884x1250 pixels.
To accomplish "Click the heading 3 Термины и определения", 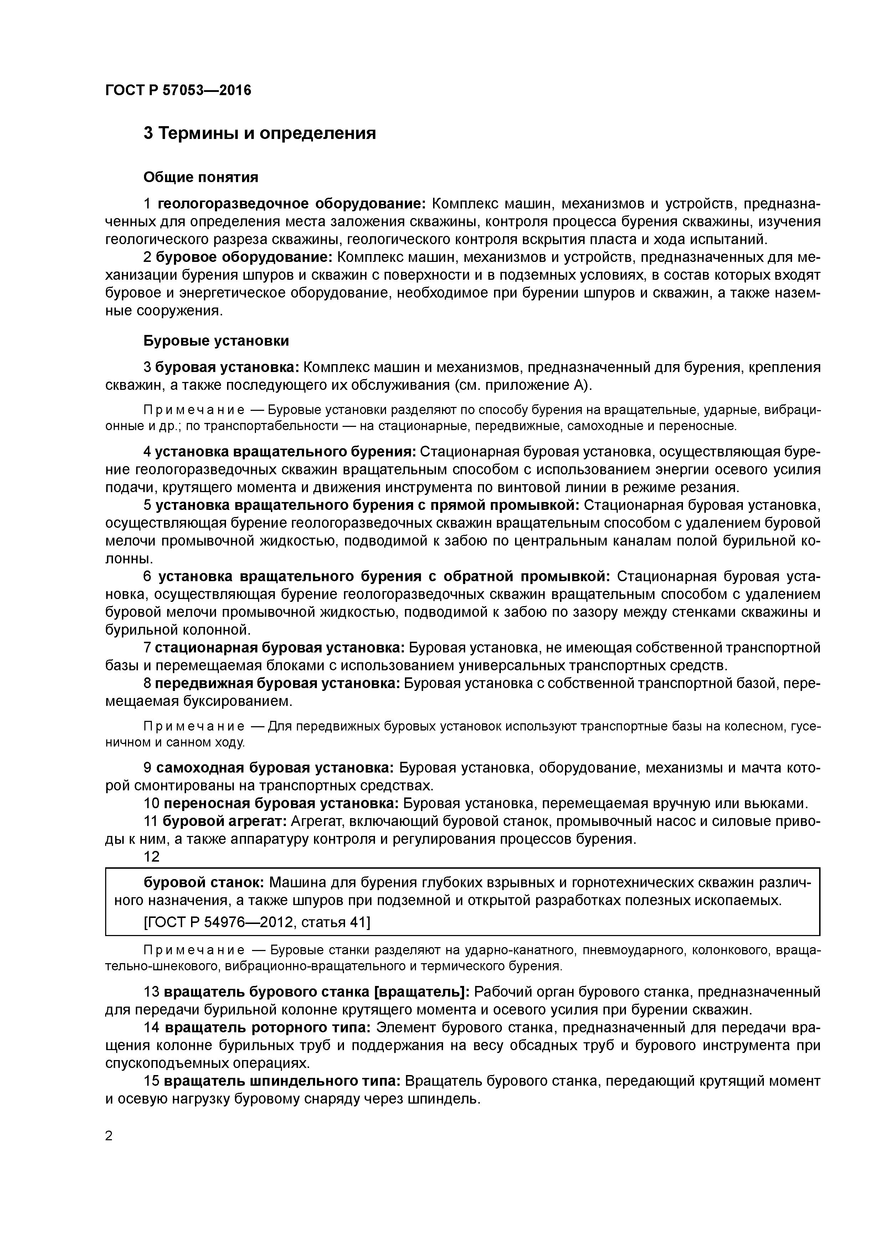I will click(x=259, y=133).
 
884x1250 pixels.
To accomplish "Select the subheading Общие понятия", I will click(x=200, y=177).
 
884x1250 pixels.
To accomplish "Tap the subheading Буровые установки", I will click(x=216, y=341).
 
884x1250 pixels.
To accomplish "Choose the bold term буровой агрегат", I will click(x=225, y=821).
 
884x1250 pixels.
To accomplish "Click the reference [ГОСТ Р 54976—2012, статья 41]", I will click(x=257, y=922).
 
